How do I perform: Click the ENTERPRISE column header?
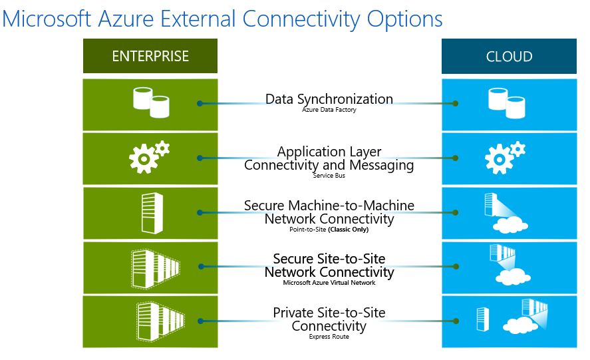(150, 57)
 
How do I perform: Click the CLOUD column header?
(509, 57)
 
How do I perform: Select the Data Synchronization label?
(329, 99)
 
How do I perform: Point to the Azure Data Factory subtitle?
(329, 110)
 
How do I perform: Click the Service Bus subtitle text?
(329, 176)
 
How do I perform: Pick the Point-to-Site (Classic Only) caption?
(329, 230)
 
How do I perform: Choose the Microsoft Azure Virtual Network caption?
(329, 283)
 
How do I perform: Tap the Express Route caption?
(329, 337)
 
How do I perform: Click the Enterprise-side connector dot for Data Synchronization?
(200, 104)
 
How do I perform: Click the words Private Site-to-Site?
(329, 313)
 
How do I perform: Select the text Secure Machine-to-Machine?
(329, 206)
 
